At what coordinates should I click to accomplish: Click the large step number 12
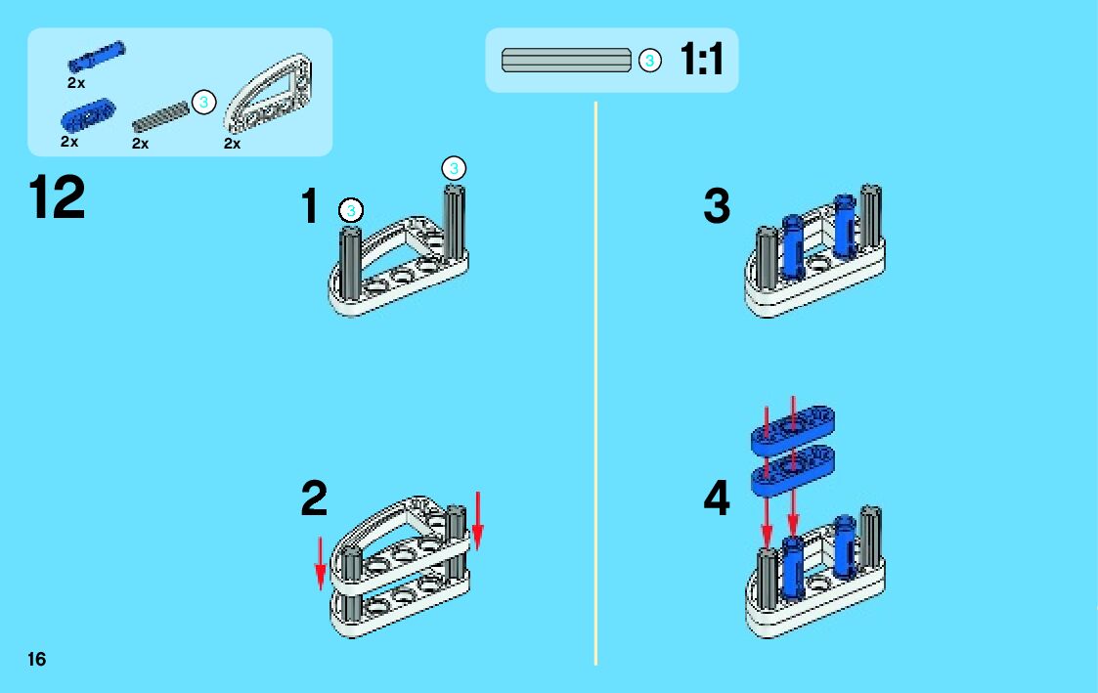[57, 198]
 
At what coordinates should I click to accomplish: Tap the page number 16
[37, 659]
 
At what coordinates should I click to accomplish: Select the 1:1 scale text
[701, 61]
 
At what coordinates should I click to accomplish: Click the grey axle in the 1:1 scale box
[566, 60]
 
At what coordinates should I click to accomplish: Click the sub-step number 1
[310, 207]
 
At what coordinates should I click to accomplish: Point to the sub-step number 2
[314, 498]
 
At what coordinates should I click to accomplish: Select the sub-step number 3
[717, 207]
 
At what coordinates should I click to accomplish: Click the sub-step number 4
[717, 500]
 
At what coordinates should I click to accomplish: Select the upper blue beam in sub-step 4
[792, 427]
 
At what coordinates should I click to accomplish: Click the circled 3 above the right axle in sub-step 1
[453, 166]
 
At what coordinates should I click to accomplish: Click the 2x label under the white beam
[232, 144]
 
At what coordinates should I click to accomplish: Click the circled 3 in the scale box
[649, 61]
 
